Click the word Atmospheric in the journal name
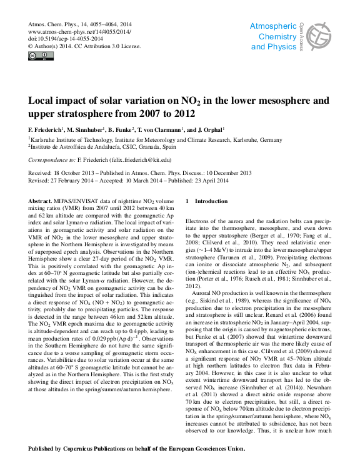click(273, 26)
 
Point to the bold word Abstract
click(41, 201)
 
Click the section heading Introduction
click(211, 201)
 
